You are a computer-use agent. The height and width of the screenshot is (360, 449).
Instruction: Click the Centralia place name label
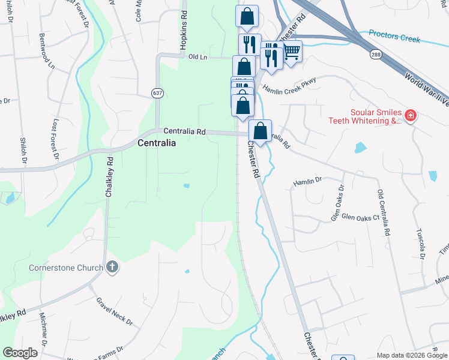(x=157, y=143)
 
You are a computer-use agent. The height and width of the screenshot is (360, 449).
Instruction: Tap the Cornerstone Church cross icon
(x=112, y=268)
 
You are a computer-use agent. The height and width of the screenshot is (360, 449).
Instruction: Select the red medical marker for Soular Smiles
(x=411, y=115)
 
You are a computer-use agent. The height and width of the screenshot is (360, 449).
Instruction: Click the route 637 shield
(x=157, y=93)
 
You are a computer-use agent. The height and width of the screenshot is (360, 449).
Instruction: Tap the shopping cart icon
(x=292, y=52)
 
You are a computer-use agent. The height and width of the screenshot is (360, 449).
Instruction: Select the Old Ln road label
(x=197, y=56)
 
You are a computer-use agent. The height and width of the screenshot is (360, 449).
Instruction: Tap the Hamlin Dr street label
(x=308, y=179)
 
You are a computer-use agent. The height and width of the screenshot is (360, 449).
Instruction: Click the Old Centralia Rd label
(x=384, y=212)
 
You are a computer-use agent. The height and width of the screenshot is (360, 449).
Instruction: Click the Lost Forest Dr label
(x=55, y=138)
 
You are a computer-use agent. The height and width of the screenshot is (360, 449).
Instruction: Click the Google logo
(x=20, y=353)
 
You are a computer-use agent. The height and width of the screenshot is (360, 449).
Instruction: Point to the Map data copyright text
(x=411, y=355)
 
